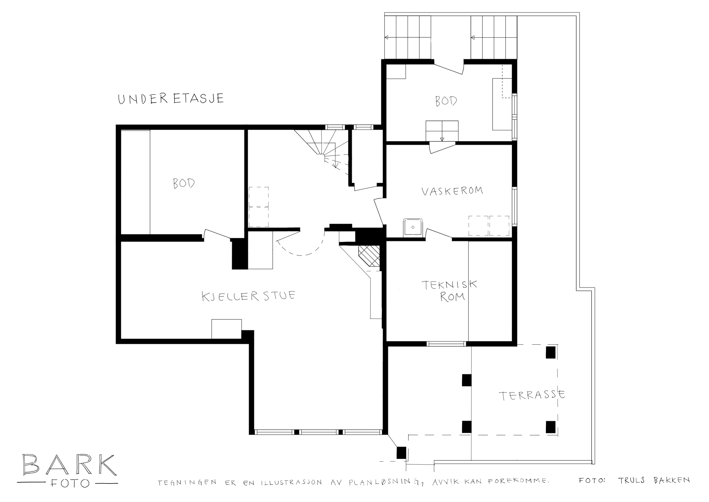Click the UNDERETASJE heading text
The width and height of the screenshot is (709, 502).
tap(171, 99)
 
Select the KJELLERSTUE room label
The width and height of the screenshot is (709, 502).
tap(248, 296)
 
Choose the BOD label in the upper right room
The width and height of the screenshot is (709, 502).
tap(446, 101)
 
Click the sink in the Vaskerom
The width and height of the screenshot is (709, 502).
tap(413, 227)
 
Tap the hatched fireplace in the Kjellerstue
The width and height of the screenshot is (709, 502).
tap(369, 256)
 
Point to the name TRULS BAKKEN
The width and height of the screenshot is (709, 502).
tap(654, 480)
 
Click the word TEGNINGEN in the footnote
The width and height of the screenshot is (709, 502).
tap(187, 483)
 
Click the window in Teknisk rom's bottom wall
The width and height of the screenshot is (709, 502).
tap(446, 344)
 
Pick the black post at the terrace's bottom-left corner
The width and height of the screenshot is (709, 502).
tap(401, 453)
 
